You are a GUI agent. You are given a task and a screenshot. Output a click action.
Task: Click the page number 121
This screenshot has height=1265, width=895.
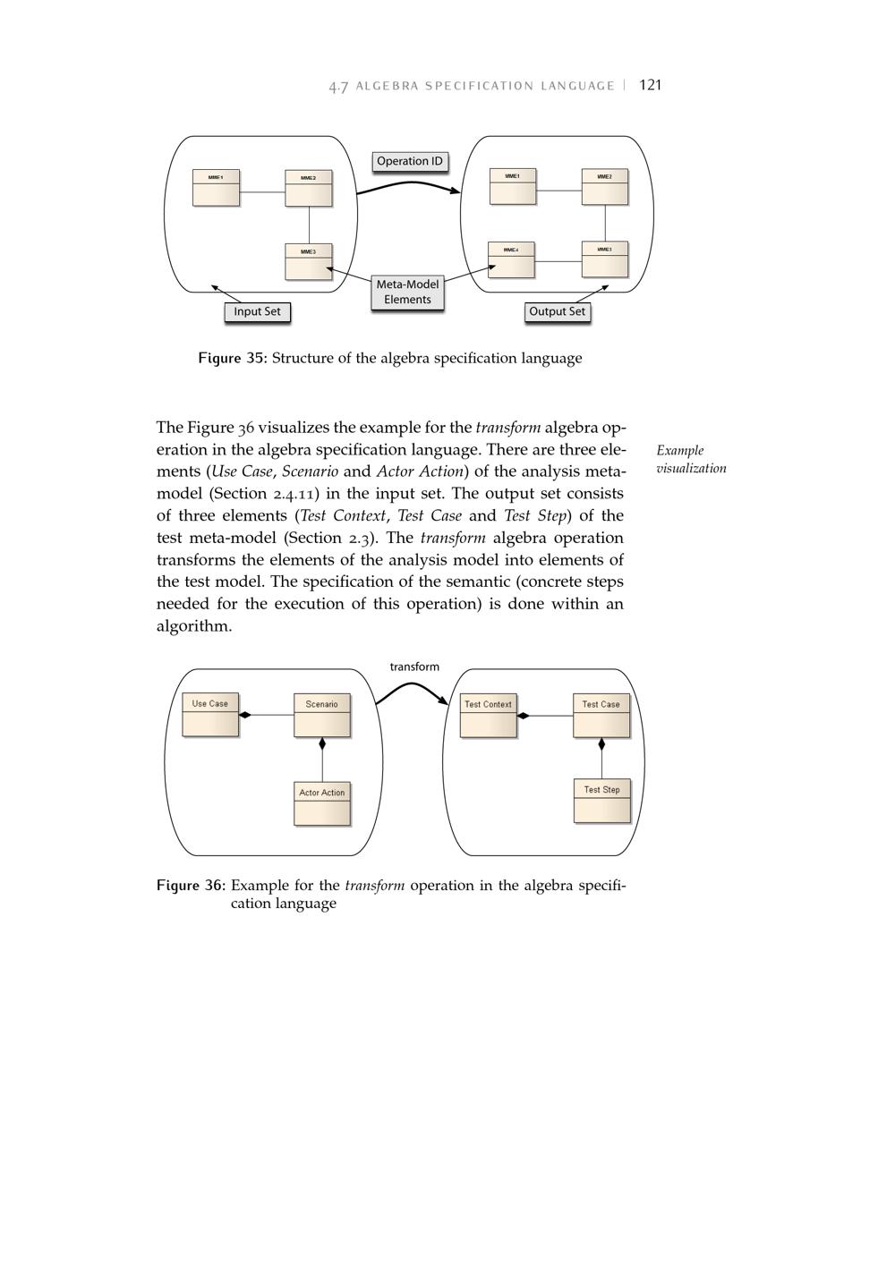coord(651,85)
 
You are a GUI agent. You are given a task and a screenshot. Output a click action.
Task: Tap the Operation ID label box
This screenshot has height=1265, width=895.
coord(410,162)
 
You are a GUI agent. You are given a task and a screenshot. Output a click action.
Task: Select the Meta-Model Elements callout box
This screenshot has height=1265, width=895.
coord(407,293)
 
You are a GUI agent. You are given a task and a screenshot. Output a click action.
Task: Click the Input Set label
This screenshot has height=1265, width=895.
coord(257,312)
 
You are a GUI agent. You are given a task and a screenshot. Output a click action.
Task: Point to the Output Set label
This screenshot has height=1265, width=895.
coord(557,312)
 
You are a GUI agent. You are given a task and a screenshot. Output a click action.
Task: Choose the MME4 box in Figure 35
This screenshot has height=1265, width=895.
coord(511,259)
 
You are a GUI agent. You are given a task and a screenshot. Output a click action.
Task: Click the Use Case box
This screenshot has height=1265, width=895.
coord(210,715)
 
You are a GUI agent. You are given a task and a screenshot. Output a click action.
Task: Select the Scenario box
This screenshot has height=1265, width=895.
coord(321,715)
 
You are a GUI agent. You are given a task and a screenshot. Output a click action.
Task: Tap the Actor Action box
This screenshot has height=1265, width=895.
coord(321,803)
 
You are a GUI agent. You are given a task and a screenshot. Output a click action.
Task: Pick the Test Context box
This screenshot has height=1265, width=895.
coord(488,716)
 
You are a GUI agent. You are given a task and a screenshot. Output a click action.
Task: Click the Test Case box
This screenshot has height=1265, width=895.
coord(601,716)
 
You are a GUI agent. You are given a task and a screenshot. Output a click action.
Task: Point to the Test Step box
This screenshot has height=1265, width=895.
coord(601,801)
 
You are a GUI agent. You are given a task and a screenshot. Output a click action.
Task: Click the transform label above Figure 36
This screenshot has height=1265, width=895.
coord(414,667)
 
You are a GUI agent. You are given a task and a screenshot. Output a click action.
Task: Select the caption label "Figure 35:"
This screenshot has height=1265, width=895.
coord(233,359)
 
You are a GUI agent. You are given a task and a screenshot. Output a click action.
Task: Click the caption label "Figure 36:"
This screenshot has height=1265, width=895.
coord(191,886)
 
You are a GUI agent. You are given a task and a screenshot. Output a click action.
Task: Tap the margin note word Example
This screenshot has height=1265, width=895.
coord(679,451)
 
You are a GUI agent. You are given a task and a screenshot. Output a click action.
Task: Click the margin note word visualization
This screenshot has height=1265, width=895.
coord(691,469)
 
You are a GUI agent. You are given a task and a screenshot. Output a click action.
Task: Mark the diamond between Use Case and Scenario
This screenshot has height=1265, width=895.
coord(245,715)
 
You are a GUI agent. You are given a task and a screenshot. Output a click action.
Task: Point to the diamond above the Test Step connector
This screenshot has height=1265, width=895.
coord(601,744)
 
